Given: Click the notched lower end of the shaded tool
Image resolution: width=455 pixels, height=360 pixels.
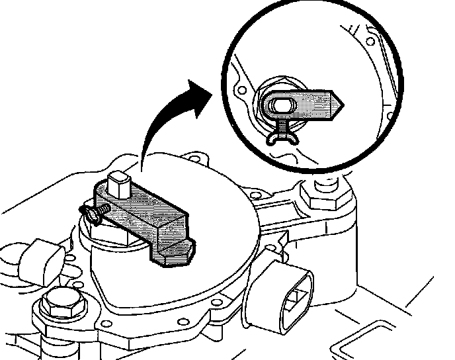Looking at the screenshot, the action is click(173, 251).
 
